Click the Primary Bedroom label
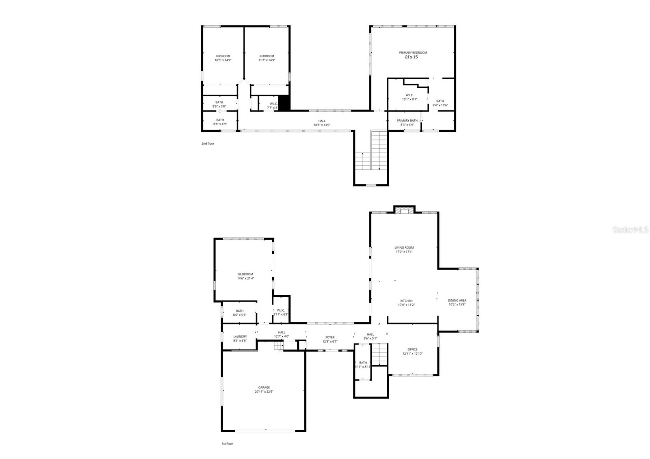413,53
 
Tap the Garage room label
264,388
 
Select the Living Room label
404,247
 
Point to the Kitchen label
406,301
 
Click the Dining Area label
457,301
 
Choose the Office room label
412,349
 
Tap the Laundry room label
240,336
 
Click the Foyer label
330,337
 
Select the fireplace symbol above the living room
404,210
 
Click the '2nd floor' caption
208,143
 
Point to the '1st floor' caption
227,444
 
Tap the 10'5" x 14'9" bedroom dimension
223,60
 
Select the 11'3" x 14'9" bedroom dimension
267,60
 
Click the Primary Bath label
407,121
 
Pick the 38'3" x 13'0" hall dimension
322,125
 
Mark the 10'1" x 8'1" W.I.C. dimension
409,99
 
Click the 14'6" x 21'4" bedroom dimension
245,279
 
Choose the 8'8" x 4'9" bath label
220,122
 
